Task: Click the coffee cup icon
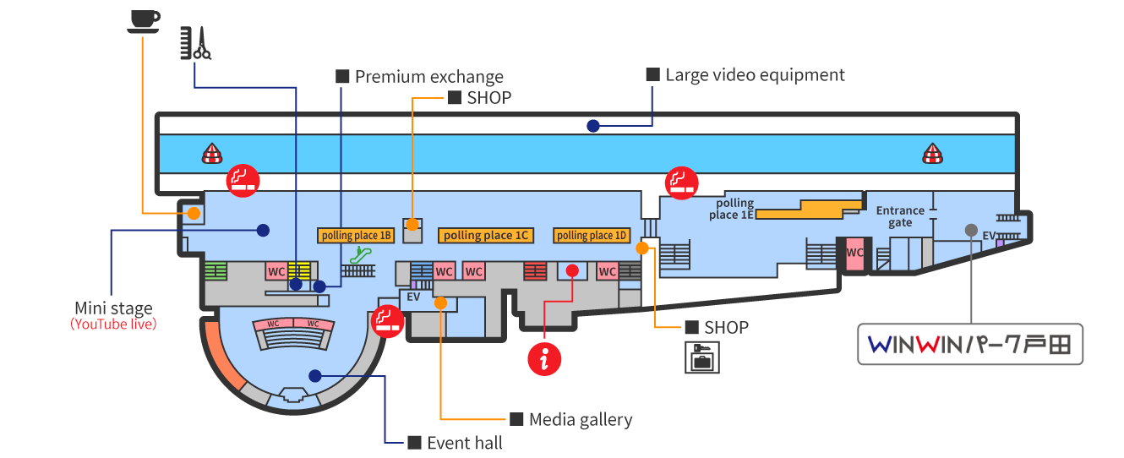[x=144, y=22]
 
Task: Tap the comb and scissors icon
[x=196, y=43]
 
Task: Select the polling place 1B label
[x=356, y=235]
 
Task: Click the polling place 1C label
[x=486, y=235]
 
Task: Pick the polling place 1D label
[x=592, y=235]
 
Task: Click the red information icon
[x=544, y=359]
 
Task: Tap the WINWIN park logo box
[x=970, y=344]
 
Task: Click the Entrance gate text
[x=900, y=216]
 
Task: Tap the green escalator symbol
[x=361, y=254]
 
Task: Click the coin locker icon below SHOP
[x=702, y=357]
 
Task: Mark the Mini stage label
[x=113, y=308]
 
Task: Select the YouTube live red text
[x=113, y=324]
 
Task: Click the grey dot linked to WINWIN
[x=972, y=230]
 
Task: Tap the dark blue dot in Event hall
[x=315, y=376]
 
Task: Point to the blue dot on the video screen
[x=593, y=126]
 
